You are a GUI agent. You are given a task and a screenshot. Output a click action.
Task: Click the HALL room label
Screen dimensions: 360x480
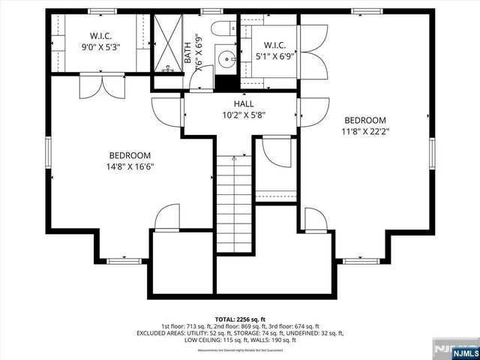[x=243, y=103]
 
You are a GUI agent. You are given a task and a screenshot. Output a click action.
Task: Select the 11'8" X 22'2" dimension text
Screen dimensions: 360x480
[x=365, y=132]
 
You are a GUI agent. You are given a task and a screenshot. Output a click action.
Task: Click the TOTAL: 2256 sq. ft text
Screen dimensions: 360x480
[x=239, y=319]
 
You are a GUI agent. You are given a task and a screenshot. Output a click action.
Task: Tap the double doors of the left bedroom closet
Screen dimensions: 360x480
[x=102, y=85]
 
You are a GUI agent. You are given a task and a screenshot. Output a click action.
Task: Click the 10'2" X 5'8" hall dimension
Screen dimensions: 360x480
[x=243, y=115]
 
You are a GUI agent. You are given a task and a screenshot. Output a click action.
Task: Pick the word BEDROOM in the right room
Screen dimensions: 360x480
[x=365, y=121]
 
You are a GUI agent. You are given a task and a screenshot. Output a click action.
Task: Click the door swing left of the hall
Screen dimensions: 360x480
[x=167, y=113]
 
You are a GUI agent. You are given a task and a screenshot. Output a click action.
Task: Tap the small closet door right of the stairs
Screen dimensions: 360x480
[x=278, y=153]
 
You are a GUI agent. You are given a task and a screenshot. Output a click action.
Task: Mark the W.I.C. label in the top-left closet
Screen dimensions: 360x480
[x=101, y=35]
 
